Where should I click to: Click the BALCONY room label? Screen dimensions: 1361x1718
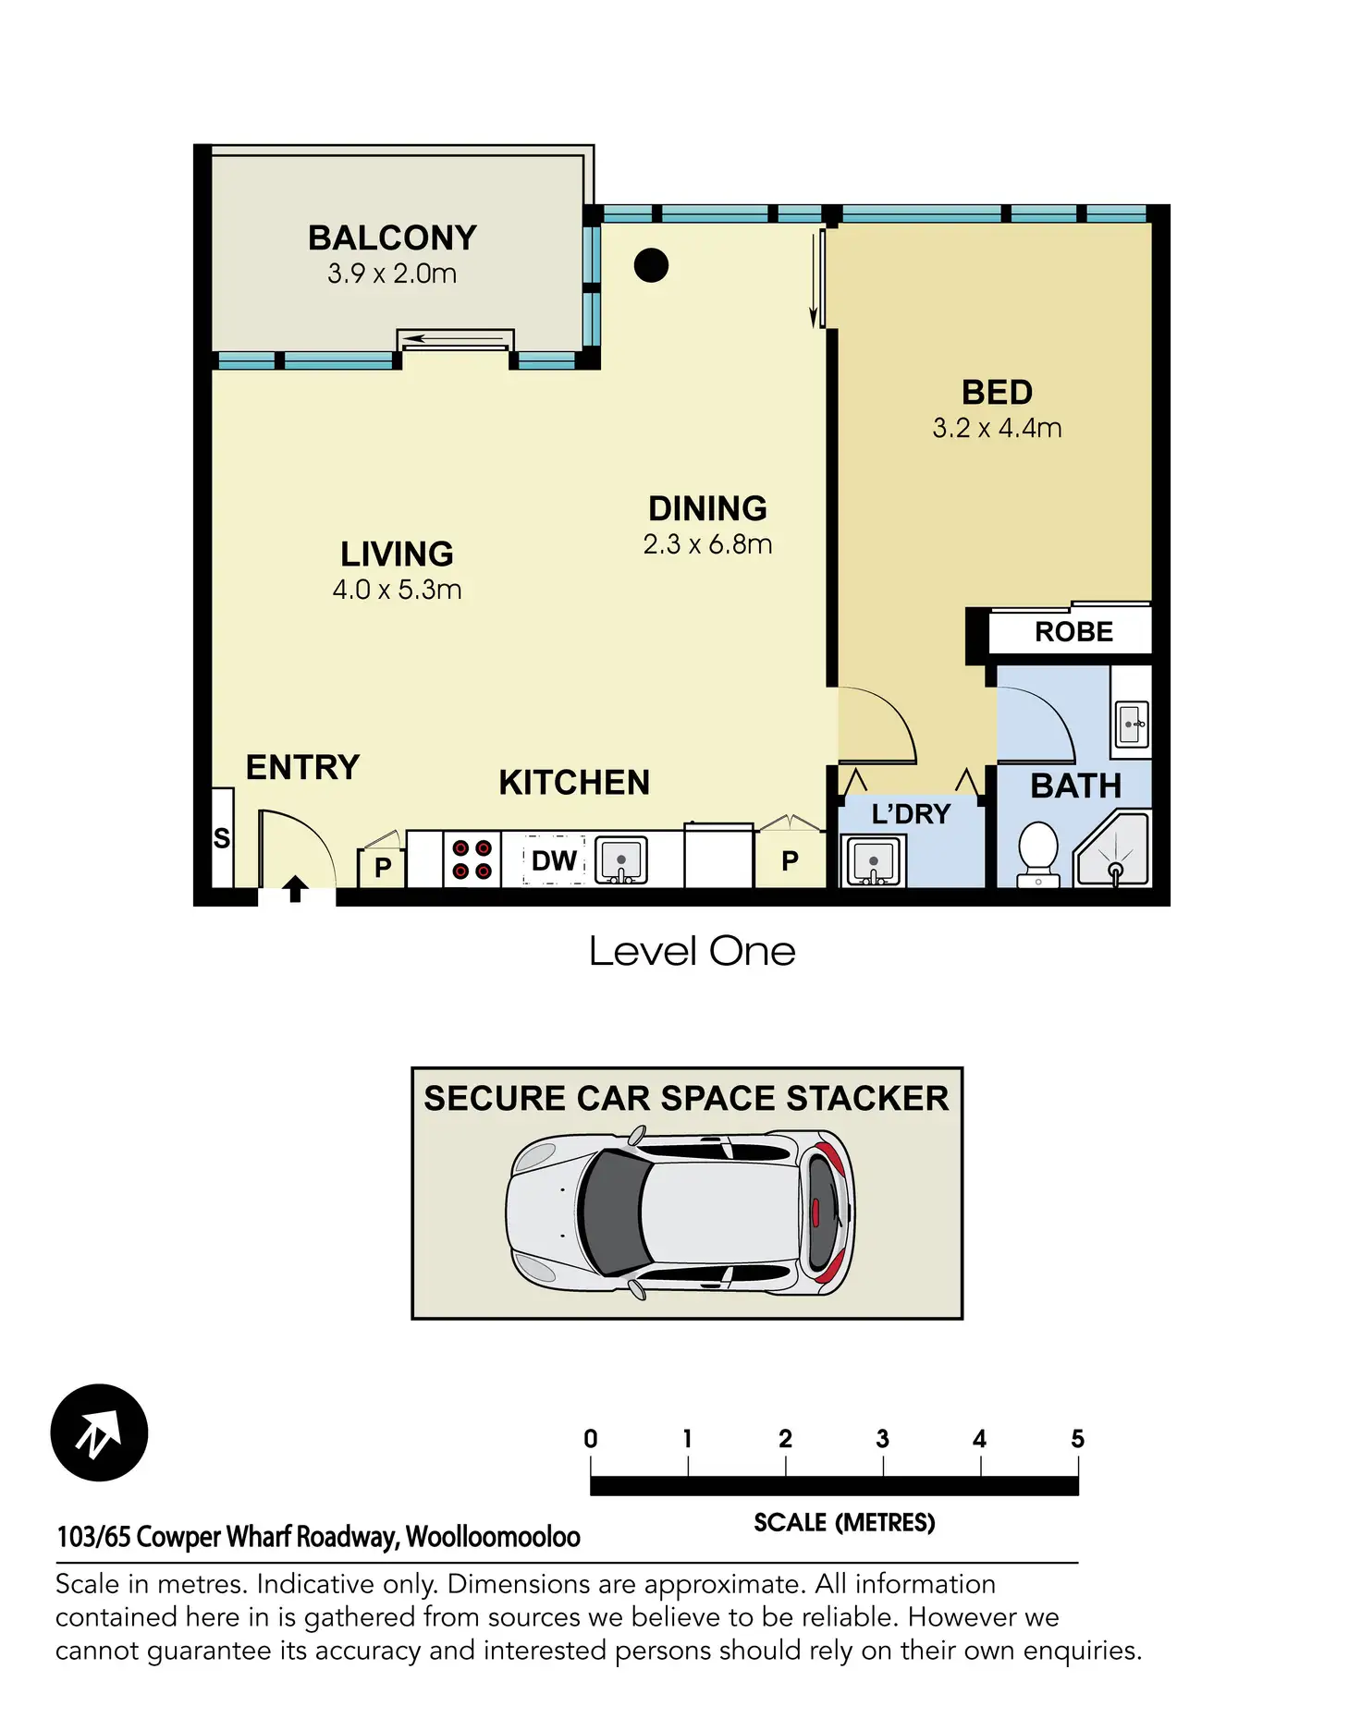[392, 238]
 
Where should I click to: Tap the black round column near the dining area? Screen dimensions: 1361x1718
[651, 265]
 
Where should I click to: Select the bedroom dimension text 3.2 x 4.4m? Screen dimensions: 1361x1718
[997, 428]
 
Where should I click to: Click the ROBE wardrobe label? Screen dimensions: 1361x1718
[1073, 631]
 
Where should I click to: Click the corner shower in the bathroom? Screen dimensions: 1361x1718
[1112, 849]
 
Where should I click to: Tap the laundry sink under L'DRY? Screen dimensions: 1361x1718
[874, 861]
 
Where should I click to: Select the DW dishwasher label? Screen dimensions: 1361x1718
[554, 860]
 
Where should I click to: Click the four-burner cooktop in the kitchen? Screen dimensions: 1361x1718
[472, 859]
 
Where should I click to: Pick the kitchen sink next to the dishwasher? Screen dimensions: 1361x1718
[620, 860]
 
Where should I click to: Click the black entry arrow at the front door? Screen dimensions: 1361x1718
[295, 889]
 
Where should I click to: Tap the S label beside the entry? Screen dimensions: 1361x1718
[222, 838]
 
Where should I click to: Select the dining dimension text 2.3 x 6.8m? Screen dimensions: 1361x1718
[707, 544]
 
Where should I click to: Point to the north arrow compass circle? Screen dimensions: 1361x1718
[99, 1432]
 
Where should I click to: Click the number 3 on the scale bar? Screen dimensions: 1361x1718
[882, 1438]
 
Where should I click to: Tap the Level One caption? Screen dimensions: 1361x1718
[692, 951]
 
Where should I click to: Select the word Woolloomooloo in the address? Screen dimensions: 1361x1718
[493, 1536]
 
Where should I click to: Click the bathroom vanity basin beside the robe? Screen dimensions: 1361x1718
[1131, 724]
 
